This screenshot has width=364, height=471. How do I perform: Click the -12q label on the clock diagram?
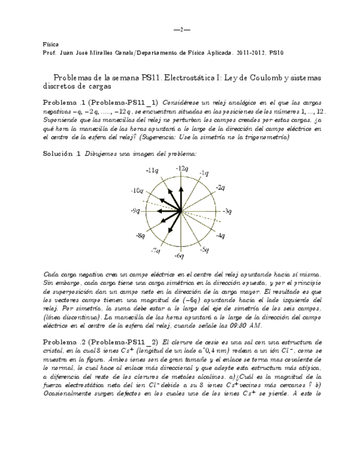tap(182, 168)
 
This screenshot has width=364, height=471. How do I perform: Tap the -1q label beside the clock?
tap(204, 173)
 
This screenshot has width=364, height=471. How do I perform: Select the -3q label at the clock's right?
tap(227, 212)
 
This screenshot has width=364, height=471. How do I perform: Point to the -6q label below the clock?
tap(179, 255)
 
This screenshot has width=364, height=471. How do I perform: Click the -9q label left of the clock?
tap(135, 211)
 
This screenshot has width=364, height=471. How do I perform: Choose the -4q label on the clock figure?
tap(220, 236)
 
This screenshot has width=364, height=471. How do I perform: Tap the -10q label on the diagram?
tap(137, 191)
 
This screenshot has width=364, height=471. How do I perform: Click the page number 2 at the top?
tap(182, 29)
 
